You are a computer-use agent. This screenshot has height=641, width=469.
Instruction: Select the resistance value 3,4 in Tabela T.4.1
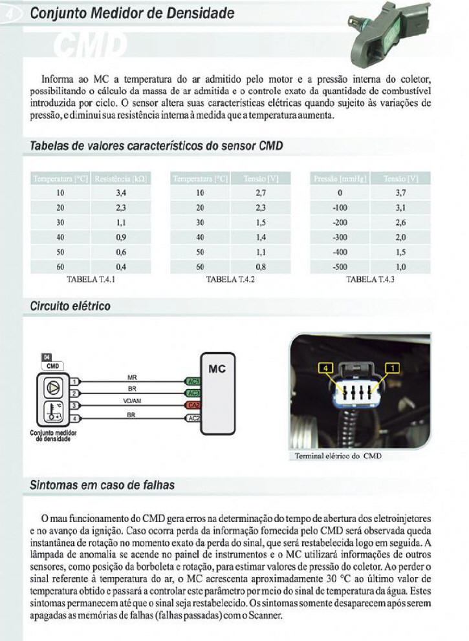[x=120, y=193]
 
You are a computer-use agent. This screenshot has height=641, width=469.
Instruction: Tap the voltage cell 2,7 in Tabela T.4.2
[x=261, y=193]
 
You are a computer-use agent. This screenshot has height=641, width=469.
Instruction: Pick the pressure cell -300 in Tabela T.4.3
[x=340, y=237]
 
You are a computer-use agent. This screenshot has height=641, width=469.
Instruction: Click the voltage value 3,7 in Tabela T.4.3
[x=400, y=193]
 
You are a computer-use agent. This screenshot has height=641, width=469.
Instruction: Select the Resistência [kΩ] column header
[x=120, y=178]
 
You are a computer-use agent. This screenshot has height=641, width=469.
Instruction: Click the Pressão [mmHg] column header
[x=340, y=178]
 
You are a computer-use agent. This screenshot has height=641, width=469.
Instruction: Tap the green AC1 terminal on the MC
[x=193, y=382]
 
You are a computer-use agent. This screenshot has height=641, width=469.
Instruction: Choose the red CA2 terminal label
[x=193, y=405]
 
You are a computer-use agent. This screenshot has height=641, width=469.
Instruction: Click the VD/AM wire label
[x=131, y=401]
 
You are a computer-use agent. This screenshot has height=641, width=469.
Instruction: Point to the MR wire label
[x=131, y=377]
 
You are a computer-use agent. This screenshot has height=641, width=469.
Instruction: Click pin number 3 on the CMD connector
[x=75, y=405]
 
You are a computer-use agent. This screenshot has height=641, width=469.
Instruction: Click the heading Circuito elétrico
[x=71, y=306]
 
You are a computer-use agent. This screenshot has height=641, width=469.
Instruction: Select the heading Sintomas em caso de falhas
[x=102, y=485]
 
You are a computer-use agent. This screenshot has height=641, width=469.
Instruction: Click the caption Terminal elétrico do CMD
[x=338, y=456]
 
